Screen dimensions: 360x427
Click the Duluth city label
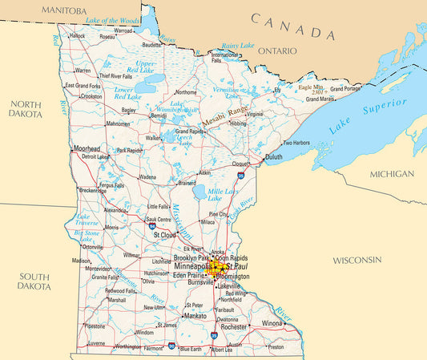[274, 157]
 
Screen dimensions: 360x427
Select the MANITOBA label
[64, 10]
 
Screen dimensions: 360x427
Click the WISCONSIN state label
[357, 261]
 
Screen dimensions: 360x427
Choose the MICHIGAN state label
[392, 174]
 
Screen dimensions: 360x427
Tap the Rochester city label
[234, 327]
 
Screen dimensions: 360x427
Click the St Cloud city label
[165, 235]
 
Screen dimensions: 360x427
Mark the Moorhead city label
[87, 149]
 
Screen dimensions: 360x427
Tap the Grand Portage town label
[346, 88]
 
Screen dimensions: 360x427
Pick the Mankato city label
[195, 316]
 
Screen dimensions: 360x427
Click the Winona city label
[272, 323]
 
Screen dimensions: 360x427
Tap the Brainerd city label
[189, 182]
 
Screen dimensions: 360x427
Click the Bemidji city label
[159, 115]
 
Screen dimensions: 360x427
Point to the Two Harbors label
[296, 143]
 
